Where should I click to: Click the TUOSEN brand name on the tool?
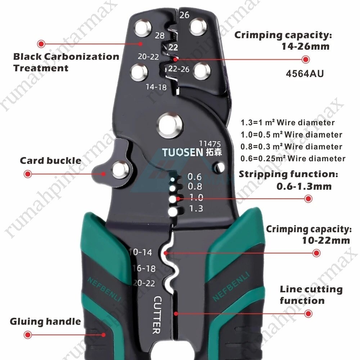(183, 152)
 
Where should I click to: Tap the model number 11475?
(210, 144)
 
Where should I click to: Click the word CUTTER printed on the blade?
(157, 315)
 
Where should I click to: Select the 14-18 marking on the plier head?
(156, 87)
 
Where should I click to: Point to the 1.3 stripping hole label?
(196, 208)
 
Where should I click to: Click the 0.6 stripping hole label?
(194, 176)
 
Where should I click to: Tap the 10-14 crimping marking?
(140, 252)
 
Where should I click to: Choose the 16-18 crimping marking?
(144, 268)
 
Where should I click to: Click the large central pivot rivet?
(170, 125)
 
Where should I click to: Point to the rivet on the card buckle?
(120, 170)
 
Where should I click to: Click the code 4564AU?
(305, 74)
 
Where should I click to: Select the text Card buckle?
(50, 161)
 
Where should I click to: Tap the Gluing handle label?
(45, 321)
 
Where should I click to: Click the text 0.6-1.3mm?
(304, 186)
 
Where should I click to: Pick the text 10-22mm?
(326, 240)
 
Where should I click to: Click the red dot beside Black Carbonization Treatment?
(41, 44)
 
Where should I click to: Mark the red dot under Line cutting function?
(308, 314)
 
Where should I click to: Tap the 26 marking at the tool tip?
(184, 15)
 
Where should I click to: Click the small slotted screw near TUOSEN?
(219, 167)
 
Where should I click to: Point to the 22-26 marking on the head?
(179, 69)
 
